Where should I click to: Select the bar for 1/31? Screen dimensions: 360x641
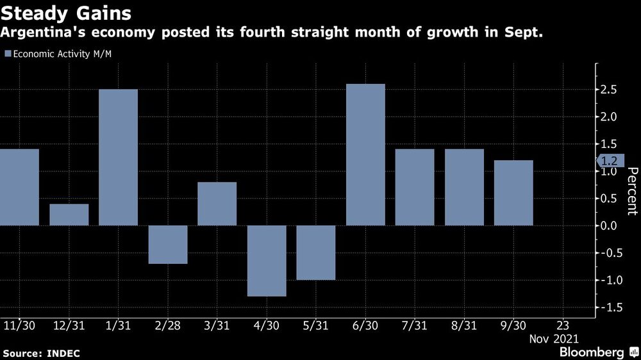tap(119, 157)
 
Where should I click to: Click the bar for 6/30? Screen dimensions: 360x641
tap(365, 154)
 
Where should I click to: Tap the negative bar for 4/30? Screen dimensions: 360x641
tap(267, 261)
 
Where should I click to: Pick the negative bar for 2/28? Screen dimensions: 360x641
tap(168, 244)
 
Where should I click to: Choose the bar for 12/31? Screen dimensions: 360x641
tap(69, 215)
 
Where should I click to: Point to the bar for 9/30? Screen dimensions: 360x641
tap(513, 193)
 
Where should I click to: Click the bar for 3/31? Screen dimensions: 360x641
tap(217, 204)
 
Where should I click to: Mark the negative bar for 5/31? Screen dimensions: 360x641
tap(316, 252)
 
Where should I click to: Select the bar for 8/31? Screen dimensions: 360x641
tap(464, 187)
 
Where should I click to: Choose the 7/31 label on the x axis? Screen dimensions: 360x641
tap(415, 325)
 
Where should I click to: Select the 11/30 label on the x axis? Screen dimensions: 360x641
tap(19, 325)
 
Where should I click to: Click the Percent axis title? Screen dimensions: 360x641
tap(631, 191)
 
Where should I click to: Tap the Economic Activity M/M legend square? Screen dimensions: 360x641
tap(8, 53)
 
